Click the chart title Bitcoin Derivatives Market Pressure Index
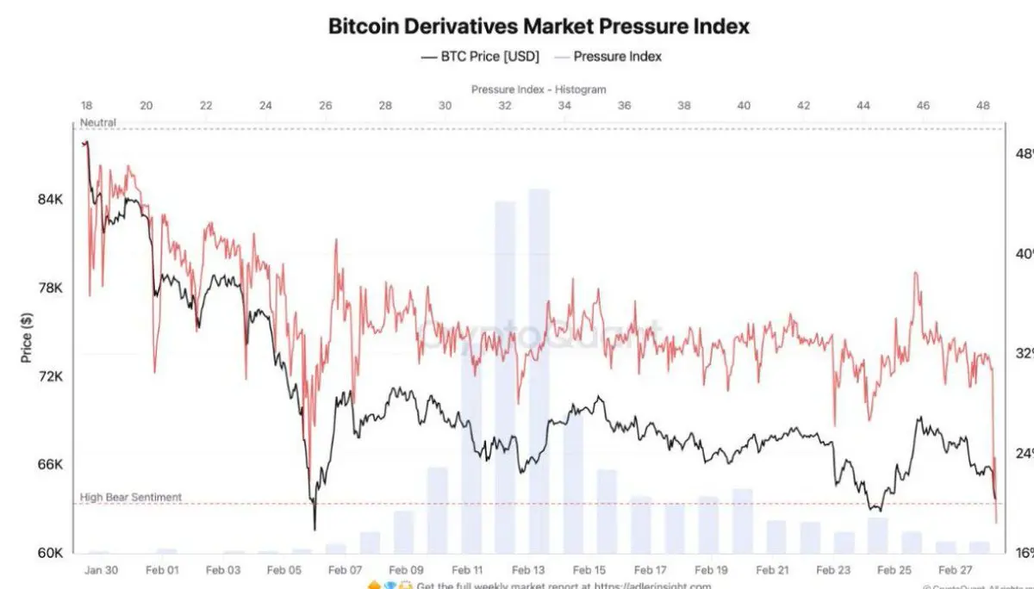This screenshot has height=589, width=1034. point(539,26)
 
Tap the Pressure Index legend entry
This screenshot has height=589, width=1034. point(617,57)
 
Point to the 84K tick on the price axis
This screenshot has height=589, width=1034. point(50,200)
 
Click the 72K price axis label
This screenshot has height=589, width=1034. point(50,377)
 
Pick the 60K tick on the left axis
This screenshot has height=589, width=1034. point(50,553)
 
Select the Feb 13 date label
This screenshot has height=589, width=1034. point(528,570)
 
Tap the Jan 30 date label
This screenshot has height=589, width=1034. point(102,570)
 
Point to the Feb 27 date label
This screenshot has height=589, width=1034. point(954,570)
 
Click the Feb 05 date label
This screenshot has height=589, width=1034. point(284,570)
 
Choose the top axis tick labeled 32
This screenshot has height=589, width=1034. point(505,105)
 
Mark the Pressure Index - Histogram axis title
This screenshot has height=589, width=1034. point(539,90)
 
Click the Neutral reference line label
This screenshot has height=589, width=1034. point(97,123)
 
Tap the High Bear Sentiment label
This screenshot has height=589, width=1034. point(131,497)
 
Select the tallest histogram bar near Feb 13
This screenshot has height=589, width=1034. point(539,370)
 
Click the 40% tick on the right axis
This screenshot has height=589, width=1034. point(1024,254)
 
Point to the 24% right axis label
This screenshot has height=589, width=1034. point(1024,453)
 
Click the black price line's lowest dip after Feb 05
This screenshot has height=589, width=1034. point(315,529)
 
